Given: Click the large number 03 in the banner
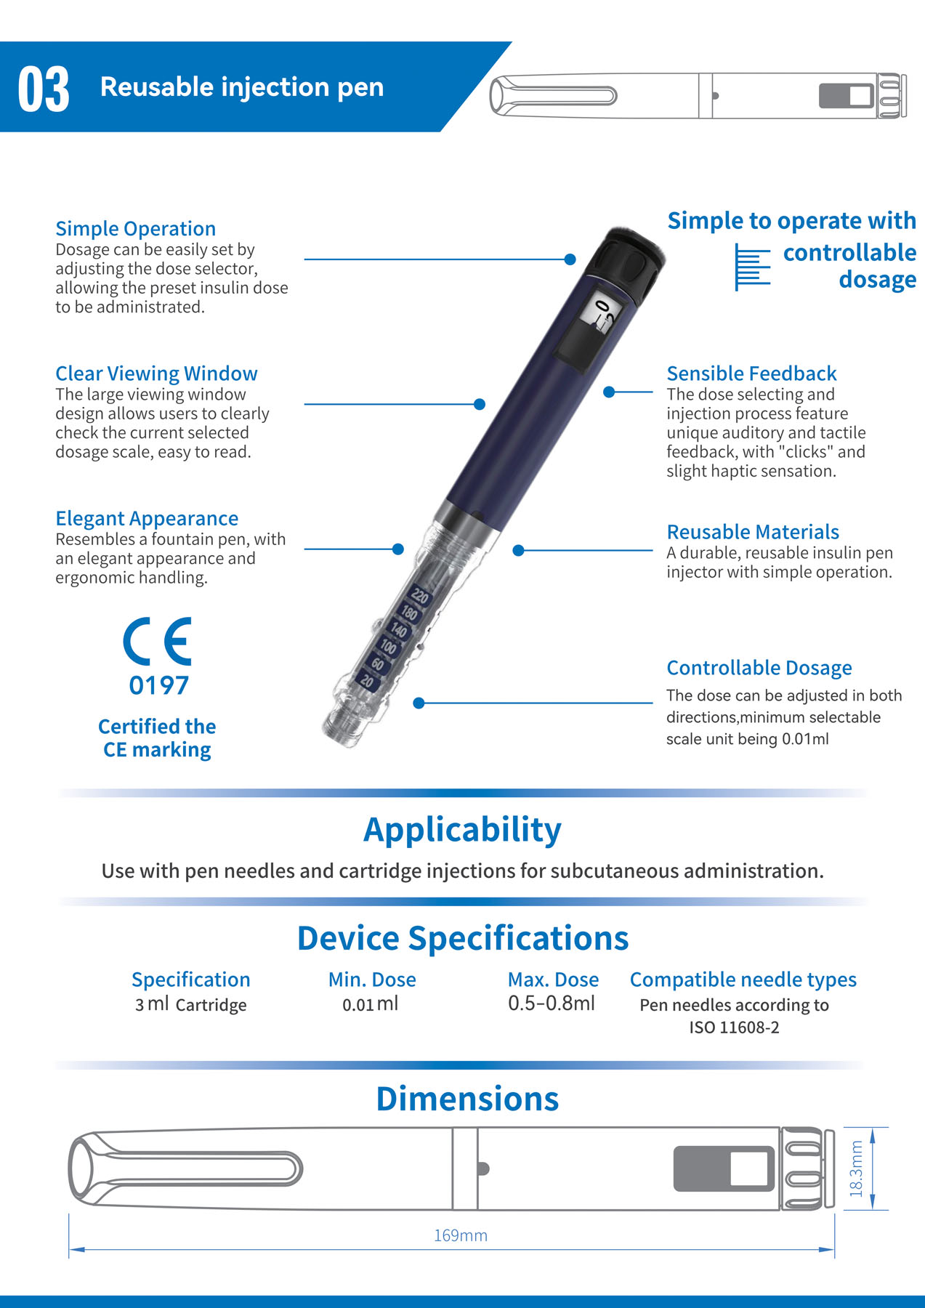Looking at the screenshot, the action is (44, 89).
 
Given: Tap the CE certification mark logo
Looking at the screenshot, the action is (157, 641).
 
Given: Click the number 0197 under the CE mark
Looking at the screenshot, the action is (158, 685).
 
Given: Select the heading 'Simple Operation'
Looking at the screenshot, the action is (136, 229).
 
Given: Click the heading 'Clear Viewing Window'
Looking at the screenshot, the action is (156, 374).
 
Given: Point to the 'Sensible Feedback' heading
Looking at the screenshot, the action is (751, 374).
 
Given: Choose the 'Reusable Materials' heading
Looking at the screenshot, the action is (753, 532).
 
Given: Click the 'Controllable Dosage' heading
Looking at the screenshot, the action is (759, 668).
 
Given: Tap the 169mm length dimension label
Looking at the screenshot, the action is (461, 1235).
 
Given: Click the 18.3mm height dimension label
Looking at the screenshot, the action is (857, 1168).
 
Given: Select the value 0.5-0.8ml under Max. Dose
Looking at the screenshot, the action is (552, 1004).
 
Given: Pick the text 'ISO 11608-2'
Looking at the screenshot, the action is (734, 1028).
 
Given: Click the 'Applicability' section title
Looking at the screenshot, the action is (462, 830).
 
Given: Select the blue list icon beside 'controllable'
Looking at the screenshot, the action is (752, 267).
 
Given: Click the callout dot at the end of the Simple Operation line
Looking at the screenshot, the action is (570, 259).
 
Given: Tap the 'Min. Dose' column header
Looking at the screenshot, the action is (372, 980).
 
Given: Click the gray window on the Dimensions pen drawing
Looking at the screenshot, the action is (724, 1168).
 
